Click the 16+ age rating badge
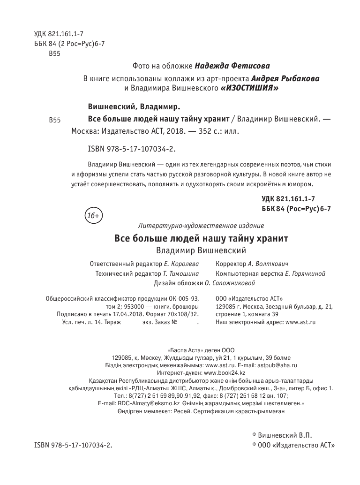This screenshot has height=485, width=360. [94, 216]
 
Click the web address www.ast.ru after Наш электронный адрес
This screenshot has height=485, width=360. [300, 323]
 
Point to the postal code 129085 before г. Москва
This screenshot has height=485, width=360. [226, 306]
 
